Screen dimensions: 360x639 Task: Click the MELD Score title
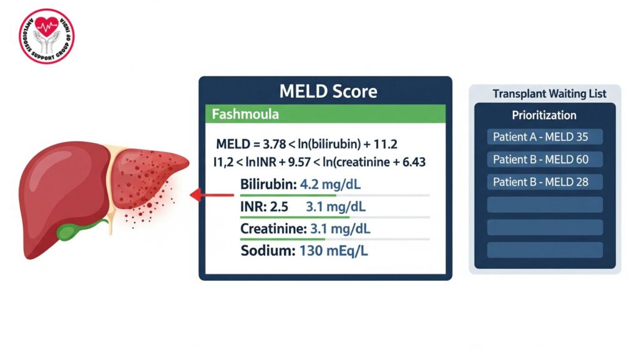[x=328, y=92]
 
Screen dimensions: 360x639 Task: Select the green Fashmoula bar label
[x=245, y=115]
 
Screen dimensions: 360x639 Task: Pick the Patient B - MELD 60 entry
[x=540, y=160]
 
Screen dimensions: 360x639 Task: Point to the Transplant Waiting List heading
[x=549, y=94]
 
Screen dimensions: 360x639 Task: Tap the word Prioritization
[x=544, y=115]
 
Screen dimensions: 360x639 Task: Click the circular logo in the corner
[x=46, y=36]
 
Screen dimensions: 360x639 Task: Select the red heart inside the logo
[x=46, y=26]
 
